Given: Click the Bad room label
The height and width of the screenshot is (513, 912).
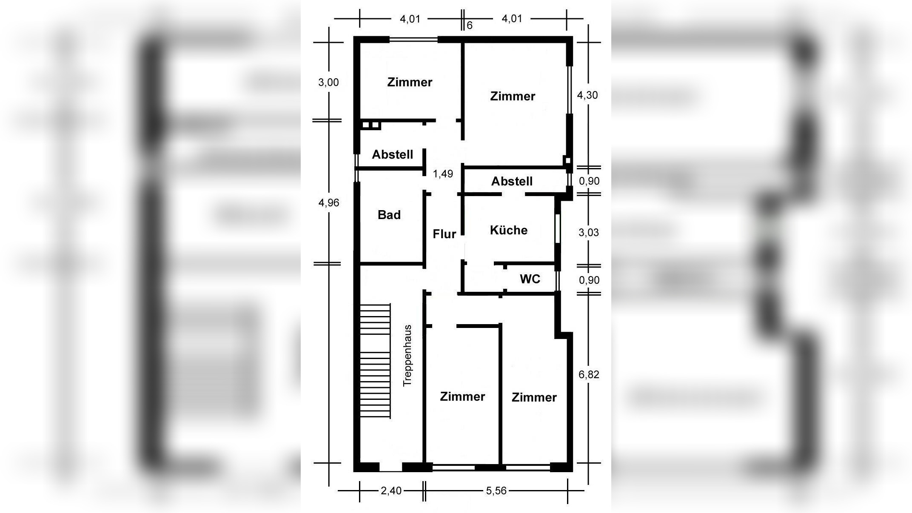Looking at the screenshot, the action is pos(389,215).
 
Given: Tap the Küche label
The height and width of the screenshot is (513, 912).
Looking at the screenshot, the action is pos(509,230).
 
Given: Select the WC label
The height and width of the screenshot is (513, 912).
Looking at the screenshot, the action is pos(530,279).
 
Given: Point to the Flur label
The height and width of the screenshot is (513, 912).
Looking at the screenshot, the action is pos(445,234).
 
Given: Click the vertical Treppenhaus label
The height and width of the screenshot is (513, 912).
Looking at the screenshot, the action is pos(408,356).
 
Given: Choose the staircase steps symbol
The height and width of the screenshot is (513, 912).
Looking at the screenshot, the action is pos(375,361).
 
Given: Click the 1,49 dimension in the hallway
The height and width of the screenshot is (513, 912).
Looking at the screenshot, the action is pos(443,174).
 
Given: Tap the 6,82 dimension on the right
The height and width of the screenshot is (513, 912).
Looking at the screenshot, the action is pos(589,374).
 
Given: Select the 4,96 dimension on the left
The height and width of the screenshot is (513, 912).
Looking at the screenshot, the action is pos(329,202).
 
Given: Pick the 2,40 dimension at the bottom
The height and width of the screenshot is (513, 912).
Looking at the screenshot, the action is pos(391,491).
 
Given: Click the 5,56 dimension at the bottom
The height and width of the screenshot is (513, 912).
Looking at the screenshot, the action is pos(496,491).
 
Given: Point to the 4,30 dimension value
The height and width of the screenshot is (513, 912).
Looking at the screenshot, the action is pos(587,95).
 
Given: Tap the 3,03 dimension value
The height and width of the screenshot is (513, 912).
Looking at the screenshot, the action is pos(589,232).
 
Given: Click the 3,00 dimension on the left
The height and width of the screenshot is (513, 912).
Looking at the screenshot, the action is pos(329,82).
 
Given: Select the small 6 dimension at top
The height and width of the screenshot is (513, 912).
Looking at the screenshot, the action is pos(470,26).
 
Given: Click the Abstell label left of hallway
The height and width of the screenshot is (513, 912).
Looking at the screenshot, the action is pos(393,154).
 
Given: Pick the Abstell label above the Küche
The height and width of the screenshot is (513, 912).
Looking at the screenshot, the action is pos(512,181).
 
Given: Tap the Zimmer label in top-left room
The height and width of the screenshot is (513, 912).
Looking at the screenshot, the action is pos(410,82).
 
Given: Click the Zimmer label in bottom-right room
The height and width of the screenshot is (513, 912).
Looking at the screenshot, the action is pos(534,397).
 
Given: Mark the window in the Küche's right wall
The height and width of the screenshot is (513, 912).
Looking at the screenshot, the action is pos(557,228).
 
